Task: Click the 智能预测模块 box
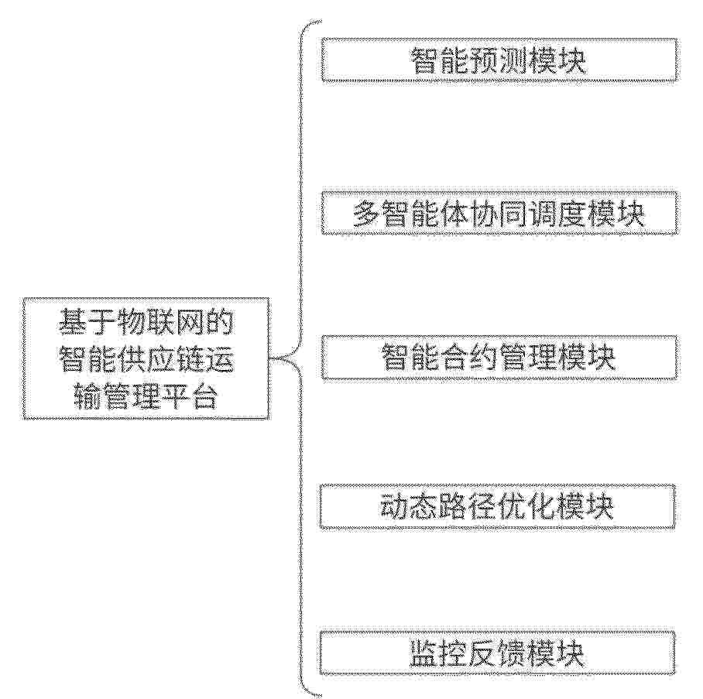coord(499,60)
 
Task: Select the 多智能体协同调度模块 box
coord(499,213)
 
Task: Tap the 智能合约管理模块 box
coord(499,358)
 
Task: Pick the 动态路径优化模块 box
coord(497,507)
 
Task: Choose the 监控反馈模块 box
coord(497,653)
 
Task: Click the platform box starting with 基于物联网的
coord(146,358)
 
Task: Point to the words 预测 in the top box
coord(498,60)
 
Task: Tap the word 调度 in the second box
coord(557,214)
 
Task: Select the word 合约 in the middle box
coord(469,358)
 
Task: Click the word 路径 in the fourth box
coord(468,507)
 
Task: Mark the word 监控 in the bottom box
coord(438,653)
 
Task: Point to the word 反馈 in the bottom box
coord(497,653)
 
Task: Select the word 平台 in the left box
coord(190,396)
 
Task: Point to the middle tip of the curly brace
coord(270,358)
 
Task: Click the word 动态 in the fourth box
coord(410,507)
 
